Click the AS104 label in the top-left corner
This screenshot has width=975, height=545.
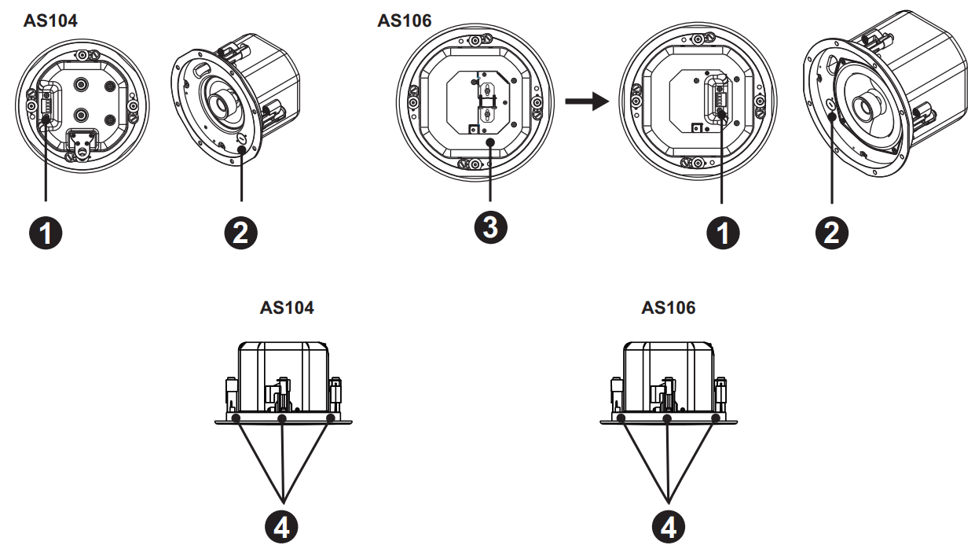coord(50,21)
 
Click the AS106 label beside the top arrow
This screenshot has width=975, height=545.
coord(405,21)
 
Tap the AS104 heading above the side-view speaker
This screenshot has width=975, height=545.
coord(287,307)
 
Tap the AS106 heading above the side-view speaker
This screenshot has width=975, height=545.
coord(669,307)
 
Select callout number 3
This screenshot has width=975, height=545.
coord(491,227)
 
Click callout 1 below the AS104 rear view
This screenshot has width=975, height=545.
coord(46,234)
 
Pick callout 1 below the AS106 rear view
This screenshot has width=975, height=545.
coord(723,234)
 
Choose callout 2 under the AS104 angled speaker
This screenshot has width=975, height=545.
coord(241,234)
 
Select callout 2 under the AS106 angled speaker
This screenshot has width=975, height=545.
coord(832,234)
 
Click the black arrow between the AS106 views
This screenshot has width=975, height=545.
coord(588,101)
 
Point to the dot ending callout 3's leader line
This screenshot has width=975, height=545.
coord(490,142)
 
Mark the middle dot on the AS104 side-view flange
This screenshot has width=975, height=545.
coord(281,418)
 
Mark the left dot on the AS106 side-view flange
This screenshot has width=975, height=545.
coord(621,418)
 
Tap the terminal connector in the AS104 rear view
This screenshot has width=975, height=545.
coord(46,103)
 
